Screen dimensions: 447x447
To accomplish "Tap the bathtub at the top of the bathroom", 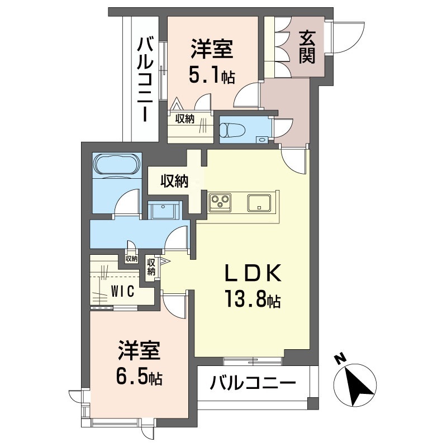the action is coord(117,165).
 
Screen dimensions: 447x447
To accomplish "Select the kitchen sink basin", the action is coord(259,203).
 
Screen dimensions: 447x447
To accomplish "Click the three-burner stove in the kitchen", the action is coord(220,202).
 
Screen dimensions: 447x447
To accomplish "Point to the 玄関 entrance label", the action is coord(307,47).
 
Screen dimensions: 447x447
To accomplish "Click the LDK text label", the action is coord(253,273).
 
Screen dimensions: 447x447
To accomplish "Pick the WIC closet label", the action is coord(123,291).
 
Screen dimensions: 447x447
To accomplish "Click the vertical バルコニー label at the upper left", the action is coord(145,80).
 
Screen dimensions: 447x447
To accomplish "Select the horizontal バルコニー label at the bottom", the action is coord(253,383).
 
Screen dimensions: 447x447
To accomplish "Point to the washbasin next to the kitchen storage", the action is coord(163,210).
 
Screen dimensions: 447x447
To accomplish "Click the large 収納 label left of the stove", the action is coord(174,180).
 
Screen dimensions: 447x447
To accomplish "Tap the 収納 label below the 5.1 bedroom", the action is coord(185,118).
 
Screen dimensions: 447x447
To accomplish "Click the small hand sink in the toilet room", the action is coord(260,140).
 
